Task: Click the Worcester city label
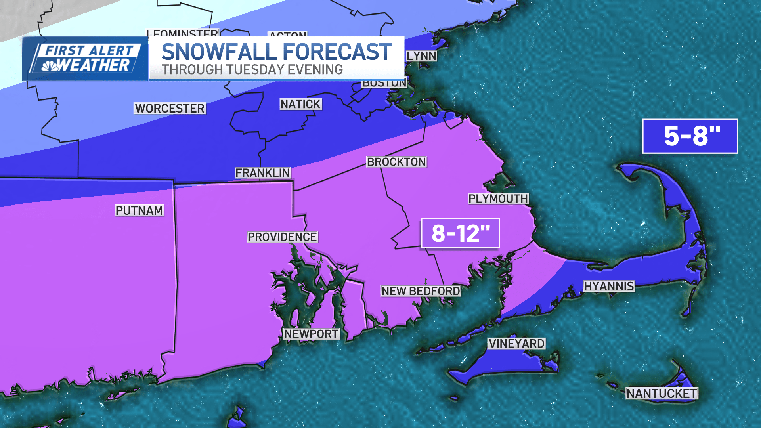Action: tap(170, 108)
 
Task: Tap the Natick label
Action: tap(300, 104)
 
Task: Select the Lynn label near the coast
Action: tap(421, 56)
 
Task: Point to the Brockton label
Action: tap(396, 162)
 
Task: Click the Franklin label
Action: tap(262, 173)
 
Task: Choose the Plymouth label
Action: tap(498, 199)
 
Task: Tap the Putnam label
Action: tap(139, 210)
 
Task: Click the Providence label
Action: tap(282, 237)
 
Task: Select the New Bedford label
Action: tap(421, 291)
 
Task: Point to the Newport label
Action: tap(311, 334)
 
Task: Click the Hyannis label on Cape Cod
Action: tap(609, 286)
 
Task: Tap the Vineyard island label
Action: tap(516, 344)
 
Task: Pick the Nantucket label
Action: tap(662, 394)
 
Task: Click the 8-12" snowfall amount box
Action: tap(460, 233)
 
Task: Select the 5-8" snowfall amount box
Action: tap(690, 136)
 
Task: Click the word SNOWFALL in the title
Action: tap(219, 52)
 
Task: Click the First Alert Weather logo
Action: tap(85, 59)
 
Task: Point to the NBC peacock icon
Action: tap(50, 66)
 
